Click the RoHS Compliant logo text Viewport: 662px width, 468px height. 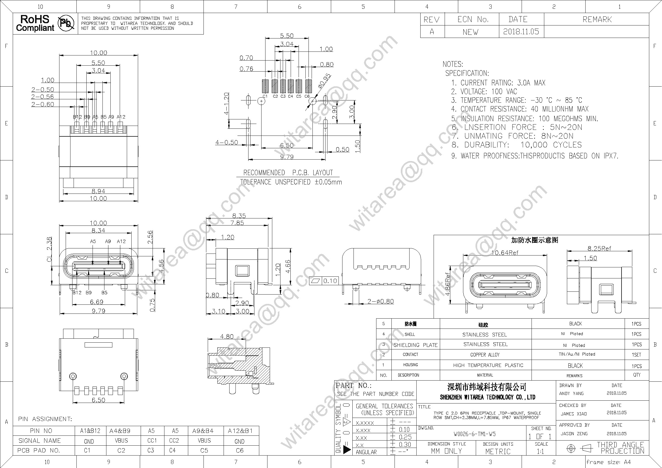[x=35, y=23]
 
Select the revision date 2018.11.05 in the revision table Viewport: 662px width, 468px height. [x=521, y=31]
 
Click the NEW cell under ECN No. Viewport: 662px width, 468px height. [x=471, y=32]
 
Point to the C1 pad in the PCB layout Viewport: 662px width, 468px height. [x=265, y=85]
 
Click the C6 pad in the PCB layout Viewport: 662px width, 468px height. [x=308, y=85]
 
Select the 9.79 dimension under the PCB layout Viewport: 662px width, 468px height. [x=287, y=157]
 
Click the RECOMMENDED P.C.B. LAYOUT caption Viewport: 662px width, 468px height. [x=288, y=173]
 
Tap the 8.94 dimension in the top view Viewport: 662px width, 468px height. [x=98, y=191]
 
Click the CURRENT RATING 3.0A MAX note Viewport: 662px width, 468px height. [x=498, y=83]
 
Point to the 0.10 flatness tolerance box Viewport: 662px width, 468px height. [x=330, y=281]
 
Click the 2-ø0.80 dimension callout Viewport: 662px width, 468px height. [x=380, y=301]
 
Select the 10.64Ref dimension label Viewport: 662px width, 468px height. [x=505, y=253]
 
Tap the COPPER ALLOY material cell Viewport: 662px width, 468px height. [x=485, y=355]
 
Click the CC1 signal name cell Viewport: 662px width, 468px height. [x=152, y=441]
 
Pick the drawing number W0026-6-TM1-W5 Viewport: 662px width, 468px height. [x=475, y=434]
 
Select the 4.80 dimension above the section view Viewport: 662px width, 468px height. [x=227, y=336]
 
